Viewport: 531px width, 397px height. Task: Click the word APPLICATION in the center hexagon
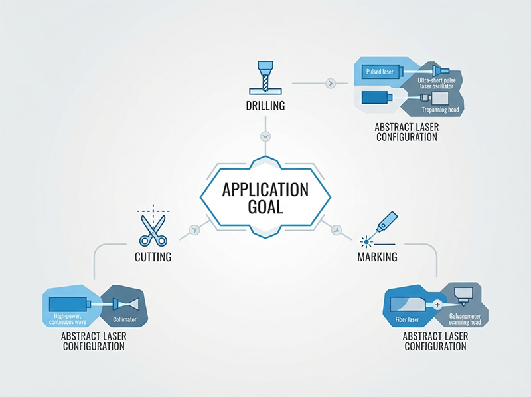click(265, 190)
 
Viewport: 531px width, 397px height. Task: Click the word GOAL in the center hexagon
click(265, 207)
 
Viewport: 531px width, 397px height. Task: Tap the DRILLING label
click(265, 106)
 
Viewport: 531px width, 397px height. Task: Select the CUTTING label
click(153, 257)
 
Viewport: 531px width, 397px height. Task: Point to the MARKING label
click(378, 257)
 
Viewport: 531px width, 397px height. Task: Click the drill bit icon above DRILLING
click(265, 78)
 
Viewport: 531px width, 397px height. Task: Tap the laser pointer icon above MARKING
click(380, 230)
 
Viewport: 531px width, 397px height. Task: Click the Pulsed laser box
click(380, 72)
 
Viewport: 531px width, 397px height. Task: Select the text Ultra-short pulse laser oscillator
click(437, 84)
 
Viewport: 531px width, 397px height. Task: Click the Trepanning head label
click(440, 110)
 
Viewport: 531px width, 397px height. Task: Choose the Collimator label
click(125, 319)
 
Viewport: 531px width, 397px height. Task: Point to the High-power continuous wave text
click(68, 319)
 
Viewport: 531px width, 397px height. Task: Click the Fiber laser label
click(407, 320)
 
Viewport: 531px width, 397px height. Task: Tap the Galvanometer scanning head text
click(465, 319)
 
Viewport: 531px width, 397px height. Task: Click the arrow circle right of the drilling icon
click(331, 83)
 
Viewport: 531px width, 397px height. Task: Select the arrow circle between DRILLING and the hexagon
click(265, 136)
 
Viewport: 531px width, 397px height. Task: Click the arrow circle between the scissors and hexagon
click(194, 230)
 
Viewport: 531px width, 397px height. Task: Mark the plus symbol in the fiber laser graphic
click(437, 305)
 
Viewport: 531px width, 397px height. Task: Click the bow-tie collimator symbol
click(126, 303)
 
